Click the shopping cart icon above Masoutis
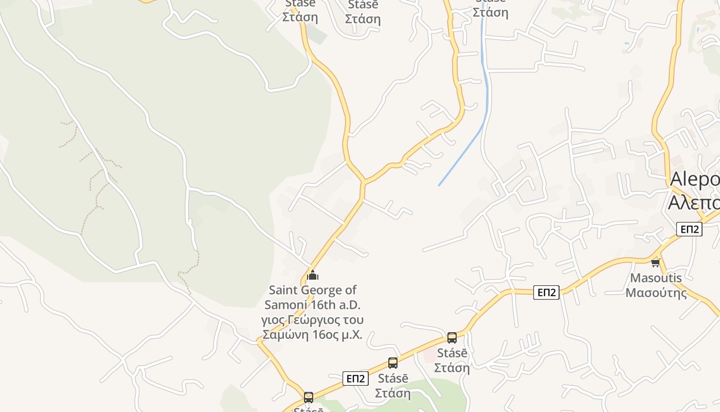pyautogui.click(x=655, y=263)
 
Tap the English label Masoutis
pyautogui.click(x=656, y=278)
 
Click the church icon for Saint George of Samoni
pyautogui.click(x=313, y=276)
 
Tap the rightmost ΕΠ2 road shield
pyautogui.click(x=689, y=229)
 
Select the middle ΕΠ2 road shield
pyautogui.click(x=546, y=293)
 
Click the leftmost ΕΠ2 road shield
pyautogui.click(x=355, y=379)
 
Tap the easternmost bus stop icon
pyautogui.click(x=452, y=338)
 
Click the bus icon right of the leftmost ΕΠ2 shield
pyautogui.click(x=393, y=363)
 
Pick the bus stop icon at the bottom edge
pyautogui.click(x=309, y=398)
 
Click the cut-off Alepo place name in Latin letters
pyautogui.click(x=694, y=180)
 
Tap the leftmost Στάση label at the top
pyautogui.click(x=300, y=17)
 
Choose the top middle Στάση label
pyautogui.click(x=363, y=19)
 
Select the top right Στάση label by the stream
pyautogui.click(x=490, y=12)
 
